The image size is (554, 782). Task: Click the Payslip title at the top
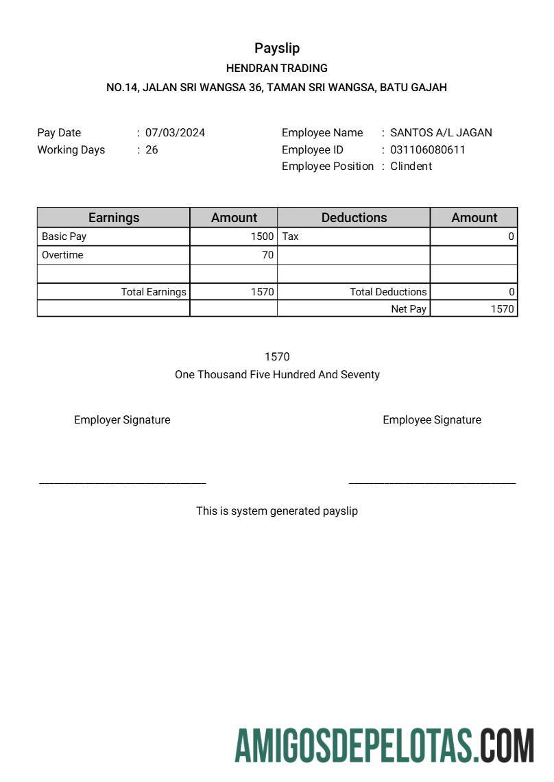coord(277,48)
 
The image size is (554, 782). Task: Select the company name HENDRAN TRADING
coord(277,69)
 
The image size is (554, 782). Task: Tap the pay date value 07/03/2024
coord(175,133)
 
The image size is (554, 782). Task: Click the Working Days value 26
coord(152,149)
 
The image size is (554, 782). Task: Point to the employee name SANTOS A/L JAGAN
coord(441,133)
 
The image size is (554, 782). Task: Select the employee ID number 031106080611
coord(427,149)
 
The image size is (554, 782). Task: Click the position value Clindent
coord(411,166)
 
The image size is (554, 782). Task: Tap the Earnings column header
coord(114,218)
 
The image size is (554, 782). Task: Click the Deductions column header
coord(354,218)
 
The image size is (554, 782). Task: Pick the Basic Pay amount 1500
coord(262,236)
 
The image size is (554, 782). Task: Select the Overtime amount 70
coord(267,255)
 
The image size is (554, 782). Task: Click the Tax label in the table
coord(291,236)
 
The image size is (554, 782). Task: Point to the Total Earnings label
coord(154,292)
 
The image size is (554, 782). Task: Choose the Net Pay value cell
coord(502,309)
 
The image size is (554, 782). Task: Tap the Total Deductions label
coord(388,292)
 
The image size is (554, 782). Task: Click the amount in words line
coord(277,375)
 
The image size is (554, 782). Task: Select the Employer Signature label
coord(122,420)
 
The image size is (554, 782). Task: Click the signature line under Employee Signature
coord(432,484)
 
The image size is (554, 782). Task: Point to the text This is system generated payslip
coord(277,511)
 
